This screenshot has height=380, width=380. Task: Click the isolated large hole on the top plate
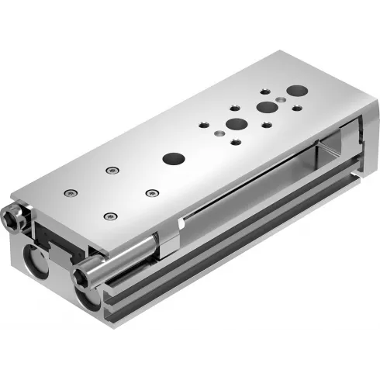[171, 157]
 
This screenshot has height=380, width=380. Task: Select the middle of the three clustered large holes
[266, 107]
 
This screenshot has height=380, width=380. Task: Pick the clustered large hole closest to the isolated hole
[233, 124]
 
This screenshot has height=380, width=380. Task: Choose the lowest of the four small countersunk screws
[109, 216]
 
